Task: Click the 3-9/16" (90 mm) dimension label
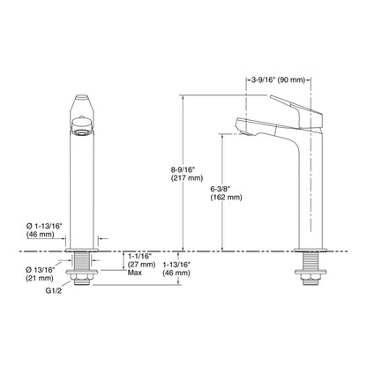click(x=278, y=79)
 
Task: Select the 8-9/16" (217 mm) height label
click(x=187, y=174)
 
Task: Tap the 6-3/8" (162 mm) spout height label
click(x=226, y=193)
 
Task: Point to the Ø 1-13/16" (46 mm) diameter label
click(x=44, y=230)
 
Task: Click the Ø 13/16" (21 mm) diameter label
click(x=41, y=273)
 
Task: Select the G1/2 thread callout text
click(x=54, y=291)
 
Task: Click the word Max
click(x=135, y=273)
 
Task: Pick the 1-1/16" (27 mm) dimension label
click(x=141, y=260)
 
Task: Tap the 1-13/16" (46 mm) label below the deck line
click(x=176, y=269)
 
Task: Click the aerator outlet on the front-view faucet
click(x=82, y=132)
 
